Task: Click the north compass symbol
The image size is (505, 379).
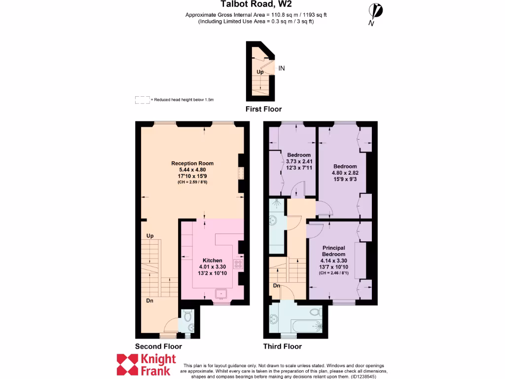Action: coord(376,12)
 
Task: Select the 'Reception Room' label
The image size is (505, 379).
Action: coord(192,163)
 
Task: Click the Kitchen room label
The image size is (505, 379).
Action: coord(213,260)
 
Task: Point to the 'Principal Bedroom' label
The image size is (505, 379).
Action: coord(333,251)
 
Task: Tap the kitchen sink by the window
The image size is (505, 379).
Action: coord(221,295)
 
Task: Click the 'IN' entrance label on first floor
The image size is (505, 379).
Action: coord(282,69)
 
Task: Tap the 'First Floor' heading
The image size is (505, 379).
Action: coord(263,109)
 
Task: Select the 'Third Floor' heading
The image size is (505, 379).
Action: coord(282,346)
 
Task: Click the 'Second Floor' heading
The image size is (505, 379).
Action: coord(158,346)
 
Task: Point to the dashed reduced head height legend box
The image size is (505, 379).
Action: coord(142,100)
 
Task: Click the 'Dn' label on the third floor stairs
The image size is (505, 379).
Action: coord(277,286)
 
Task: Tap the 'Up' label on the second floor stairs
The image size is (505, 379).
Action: coord(150,236)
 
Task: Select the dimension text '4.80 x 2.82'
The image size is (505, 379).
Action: coord(345,173)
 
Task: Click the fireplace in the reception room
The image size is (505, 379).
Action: coord(240,173)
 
